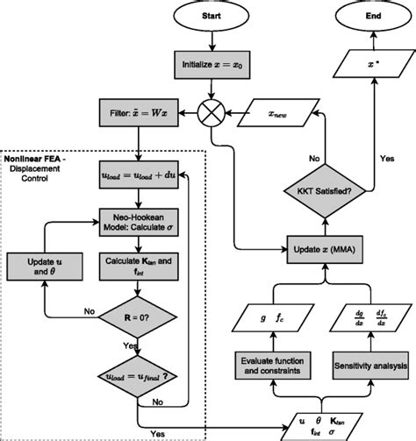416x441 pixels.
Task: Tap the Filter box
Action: coord(140,114)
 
